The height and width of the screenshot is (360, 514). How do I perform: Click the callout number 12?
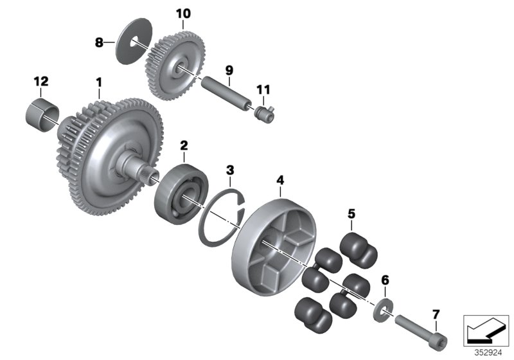40,82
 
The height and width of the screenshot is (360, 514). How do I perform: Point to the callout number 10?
183,14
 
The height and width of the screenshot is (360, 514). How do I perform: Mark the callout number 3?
230,170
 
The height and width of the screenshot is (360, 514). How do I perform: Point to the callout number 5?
351,212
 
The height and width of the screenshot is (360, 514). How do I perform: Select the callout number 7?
436,314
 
